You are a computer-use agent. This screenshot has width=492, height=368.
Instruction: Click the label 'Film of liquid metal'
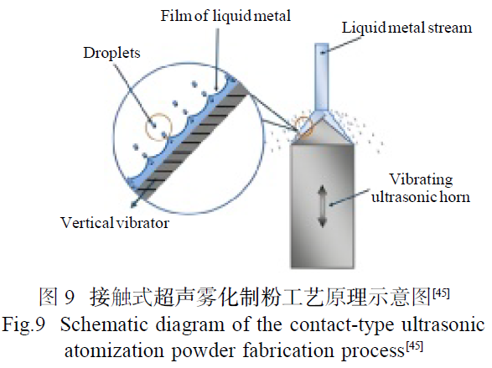pos(225,16)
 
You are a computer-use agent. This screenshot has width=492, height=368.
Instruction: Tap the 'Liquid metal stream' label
pos(407,28)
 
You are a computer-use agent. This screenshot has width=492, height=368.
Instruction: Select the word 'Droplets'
pos(111,53)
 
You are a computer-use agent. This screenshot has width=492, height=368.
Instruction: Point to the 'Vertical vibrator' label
pos(115,223)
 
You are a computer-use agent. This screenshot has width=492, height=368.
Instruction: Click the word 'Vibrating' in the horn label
pos(421,180)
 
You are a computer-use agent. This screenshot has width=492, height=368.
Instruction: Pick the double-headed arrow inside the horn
pos(323,206)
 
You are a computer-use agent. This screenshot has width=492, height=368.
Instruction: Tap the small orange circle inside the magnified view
pos(158,127)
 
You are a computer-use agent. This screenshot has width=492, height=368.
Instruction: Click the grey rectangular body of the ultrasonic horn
pos(323,206)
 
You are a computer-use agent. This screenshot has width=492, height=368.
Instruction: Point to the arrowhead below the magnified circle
pos(134,204)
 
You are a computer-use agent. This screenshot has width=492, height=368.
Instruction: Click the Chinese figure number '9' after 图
pos(70,297)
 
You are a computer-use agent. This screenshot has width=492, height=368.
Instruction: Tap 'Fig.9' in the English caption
pos(23,324)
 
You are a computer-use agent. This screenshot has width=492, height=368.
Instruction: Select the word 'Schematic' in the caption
pos(104,324)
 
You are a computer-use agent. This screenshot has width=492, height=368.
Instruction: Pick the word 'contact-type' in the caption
pos(341,325)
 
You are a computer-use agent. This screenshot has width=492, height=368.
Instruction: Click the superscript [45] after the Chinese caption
pos(441,293)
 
